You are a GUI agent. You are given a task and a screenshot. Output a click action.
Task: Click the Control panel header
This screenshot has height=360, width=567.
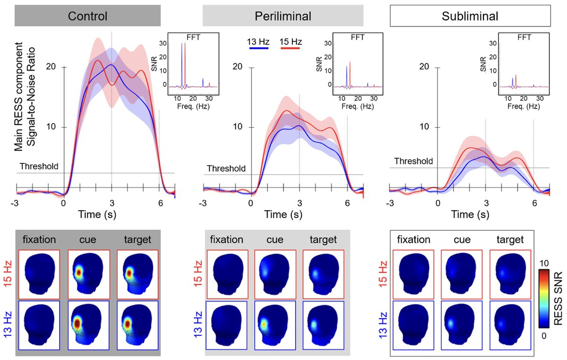point(88,16)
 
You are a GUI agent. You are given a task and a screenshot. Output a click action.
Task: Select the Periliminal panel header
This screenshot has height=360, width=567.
point(283,16)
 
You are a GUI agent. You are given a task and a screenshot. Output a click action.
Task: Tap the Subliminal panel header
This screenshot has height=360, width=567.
point(471,16)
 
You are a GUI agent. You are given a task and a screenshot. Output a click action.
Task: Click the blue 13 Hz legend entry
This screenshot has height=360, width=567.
point(258,43)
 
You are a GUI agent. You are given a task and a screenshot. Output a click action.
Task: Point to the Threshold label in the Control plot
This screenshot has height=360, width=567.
point(39,166)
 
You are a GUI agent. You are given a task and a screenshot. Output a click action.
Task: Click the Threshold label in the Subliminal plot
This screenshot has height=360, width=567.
point(413,161)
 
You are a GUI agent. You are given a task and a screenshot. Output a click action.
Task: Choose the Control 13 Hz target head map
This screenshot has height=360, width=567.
point(137,326)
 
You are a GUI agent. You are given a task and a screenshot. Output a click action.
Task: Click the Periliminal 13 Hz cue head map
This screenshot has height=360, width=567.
point(275,326)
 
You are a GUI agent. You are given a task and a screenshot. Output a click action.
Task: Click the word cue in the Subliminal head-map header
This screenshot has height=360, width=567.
point(462,240)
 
